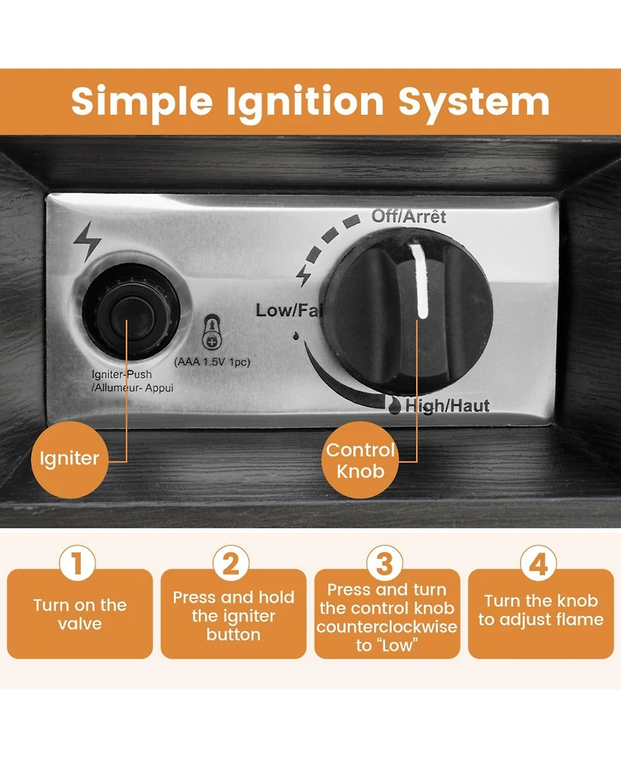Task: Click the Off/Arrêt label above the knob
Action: point(408,216)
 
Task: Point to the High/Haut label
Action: point(447,406)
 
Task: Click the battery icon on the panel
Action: point(212,333)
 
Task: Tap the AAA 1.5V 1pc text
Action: point(213,362)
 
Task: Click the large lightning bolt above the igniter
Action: point(87,241)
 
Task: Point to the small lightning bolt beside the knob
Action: point(304,275)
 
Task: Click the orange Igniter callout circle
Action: point(70,459)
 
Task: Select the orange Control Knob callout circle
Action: point(360,459)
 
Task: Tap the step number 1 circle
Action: point(77,563)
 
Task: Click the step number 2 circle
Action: point(231,563)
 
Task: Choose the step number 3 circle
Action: point(384,563)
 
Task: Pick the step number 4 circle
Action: point(538,563)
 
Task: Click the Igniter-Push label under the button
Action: point(121,375)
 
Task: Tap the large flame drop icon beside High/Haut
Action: point(395,406)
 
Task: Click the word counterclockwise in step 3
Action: point(387,627)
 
